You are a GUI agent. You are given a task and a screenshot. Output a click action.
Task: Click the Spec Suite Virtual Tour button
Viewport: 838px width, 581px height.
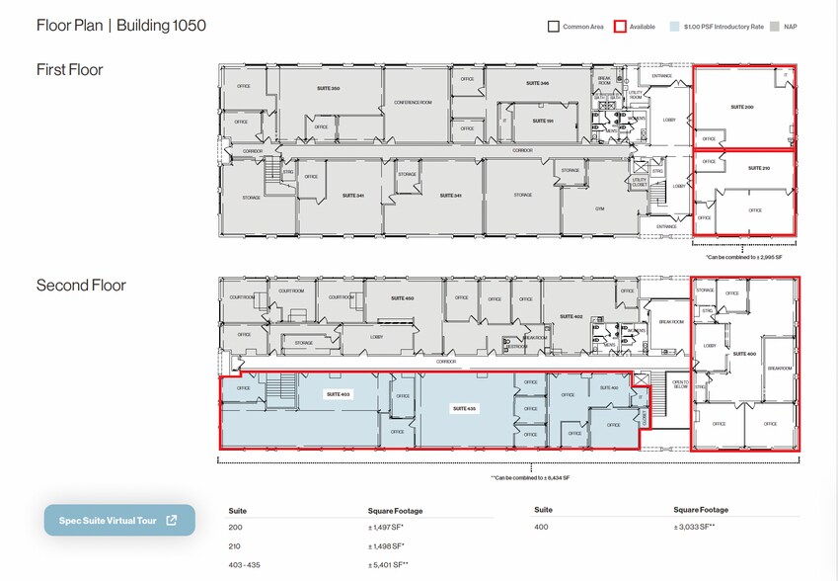(119, 520)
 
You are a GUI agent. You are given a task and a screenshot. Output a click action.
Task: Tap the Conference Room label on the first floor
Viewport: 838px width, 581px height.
(413, 103)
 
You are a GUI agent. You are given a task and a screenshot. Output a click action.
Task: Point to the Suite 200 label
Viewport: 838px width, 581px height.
(742, 106)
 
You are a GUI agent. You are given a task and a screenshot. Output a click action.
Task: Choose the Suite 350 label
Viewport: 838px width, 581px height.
(328, 89)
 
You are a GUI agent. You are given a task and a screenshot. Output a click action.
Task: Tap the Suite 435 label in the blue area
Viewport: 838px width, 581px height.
(464, 408)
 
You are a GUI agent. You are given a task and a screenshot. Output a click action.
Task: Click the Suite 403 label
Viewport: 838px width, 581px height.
(338, 394)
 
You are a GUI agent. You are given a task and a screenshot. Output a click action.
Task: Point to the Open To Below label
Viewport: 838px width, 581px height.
(679, 385)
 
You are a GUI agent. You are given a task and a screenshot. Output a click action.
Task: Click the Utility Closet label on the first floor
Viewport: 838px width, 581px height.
(639, 181)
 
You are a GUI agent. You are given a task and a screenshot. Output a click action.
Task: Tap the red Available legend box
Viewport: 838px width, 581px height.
(620, 27)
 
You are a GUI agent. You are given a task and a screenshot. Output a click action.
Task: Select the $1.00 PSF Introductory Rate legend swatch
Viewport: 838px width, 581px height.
(674, 27)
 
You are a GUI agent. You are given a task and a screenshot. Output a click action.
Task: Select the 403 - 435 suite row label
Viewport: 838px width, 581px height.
(248, 564)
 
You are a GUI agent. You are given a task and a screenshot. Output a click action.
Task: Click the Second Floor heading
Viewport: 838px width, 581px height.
(81, 286)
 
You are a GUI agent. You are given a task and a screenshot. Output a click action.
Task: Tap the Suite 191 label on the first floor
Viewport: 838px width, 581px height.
(542, 121)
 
